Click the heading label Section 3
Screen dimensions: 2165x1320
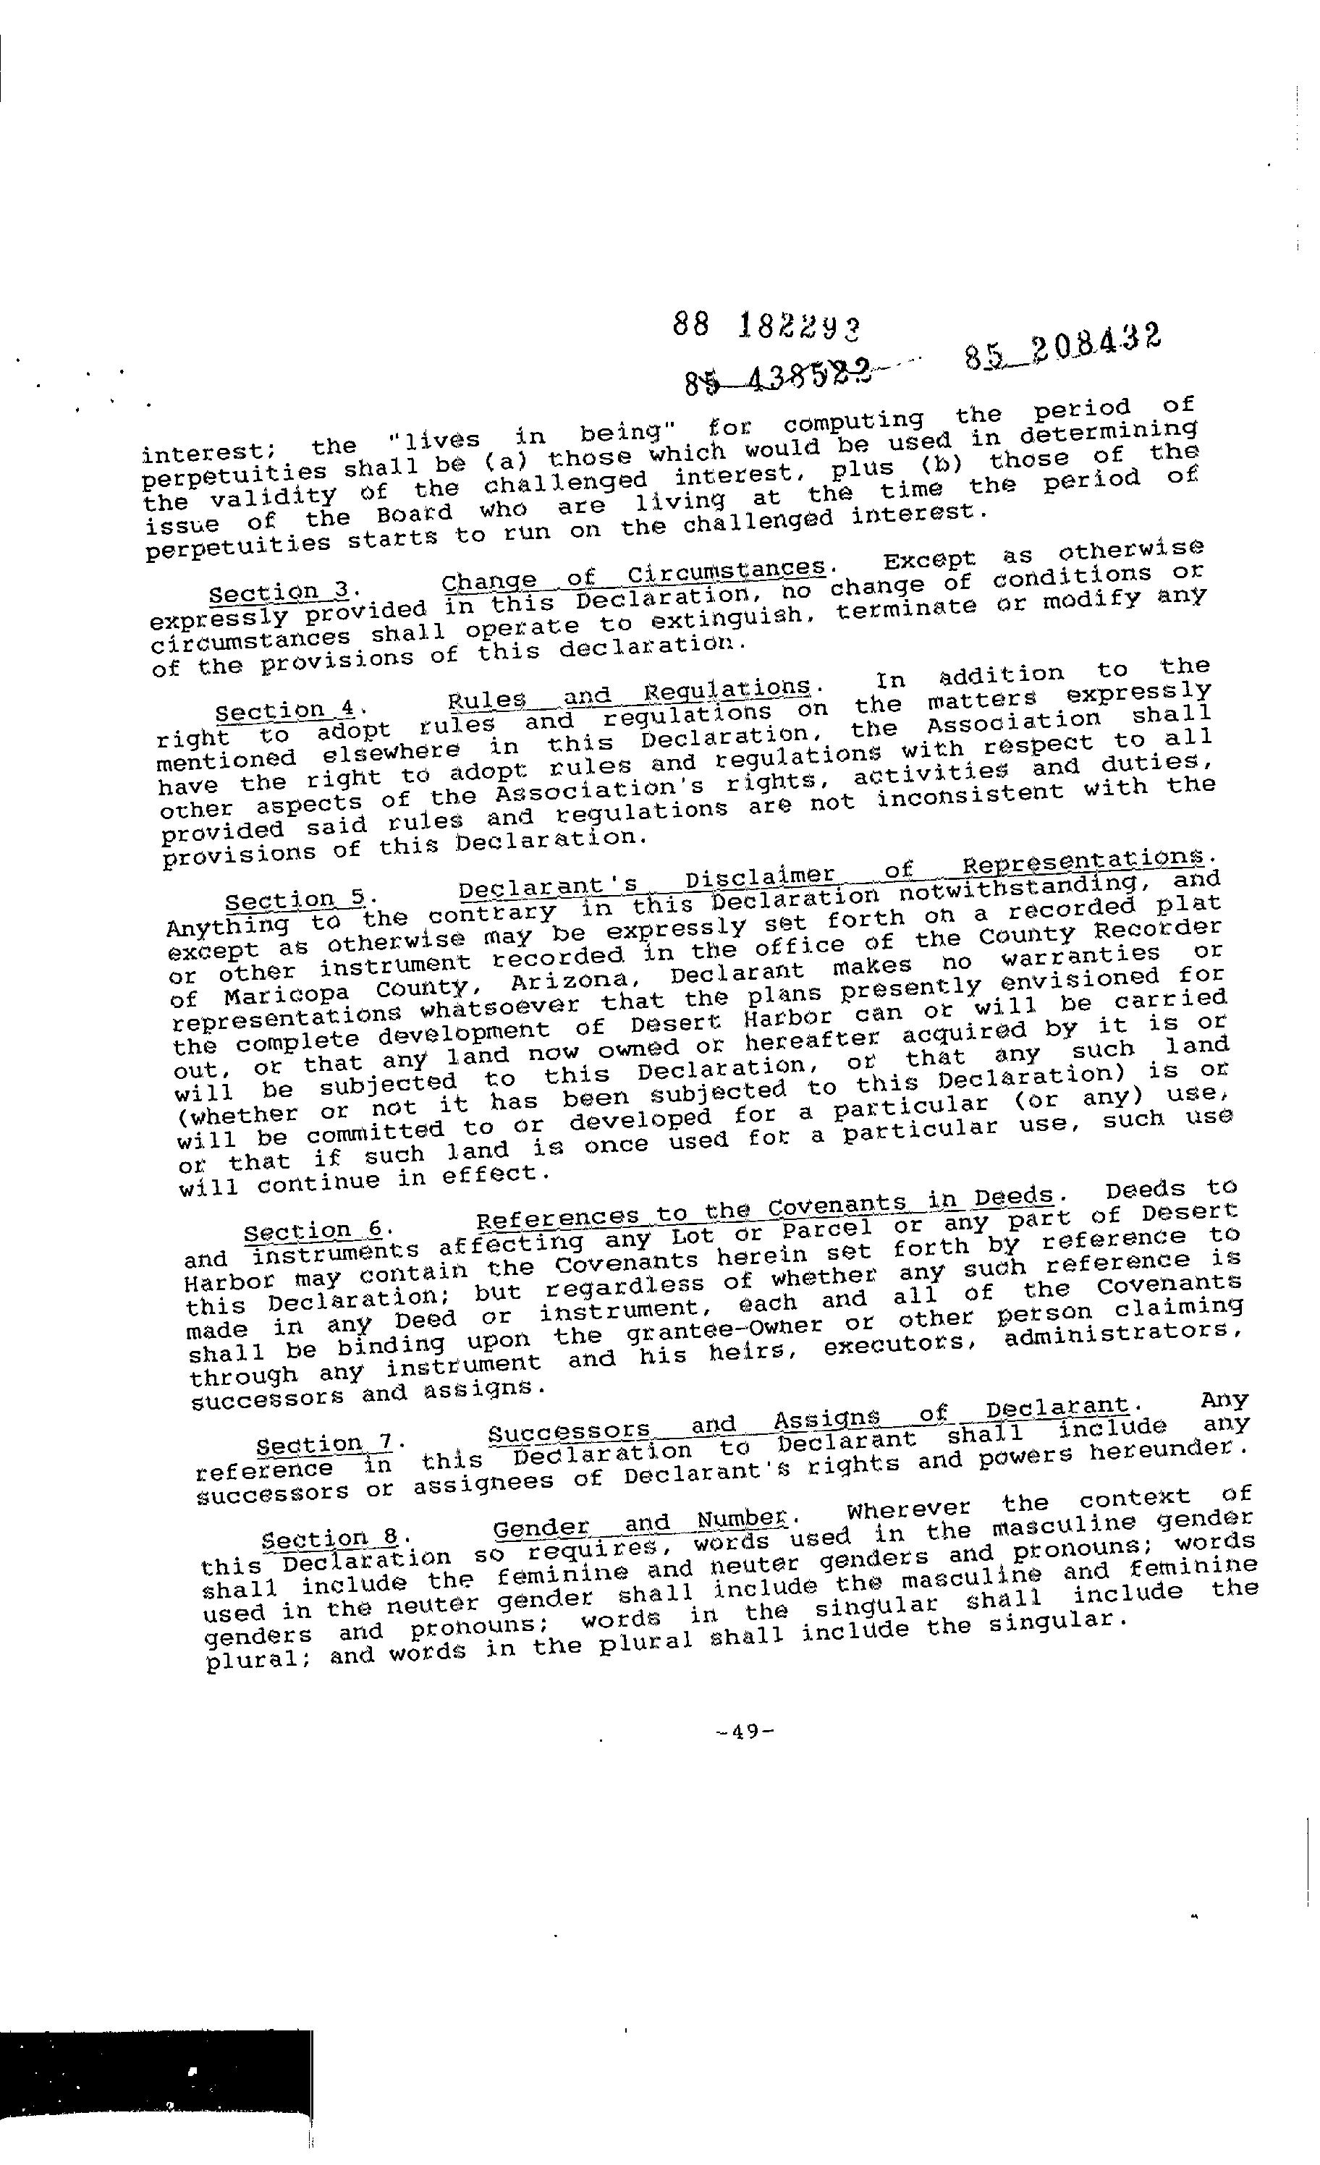coord(274,593)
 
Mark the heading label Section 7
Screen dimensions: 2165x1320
coord(323,1446)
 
